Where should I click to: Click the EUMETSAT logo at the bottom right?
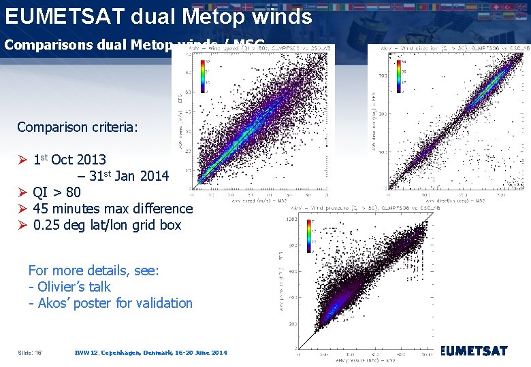coord(474,351)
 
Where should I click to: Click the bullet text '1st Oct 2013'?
coord(69,160)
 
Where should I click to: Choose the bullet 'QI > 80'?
coord(57,192)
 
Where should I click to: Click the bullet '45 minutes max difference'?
coord(112,209)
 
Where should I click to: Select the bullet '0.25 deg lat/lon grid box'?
coord(107,225)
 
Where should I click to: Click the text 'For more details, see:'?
coord(93,270)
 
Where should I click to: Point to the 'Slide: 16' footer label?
coord(29,353)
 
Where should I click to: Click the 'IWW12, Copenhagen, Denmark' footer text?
coord(150,353)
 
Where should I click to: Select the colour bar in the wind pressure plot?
coord(310,235)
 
